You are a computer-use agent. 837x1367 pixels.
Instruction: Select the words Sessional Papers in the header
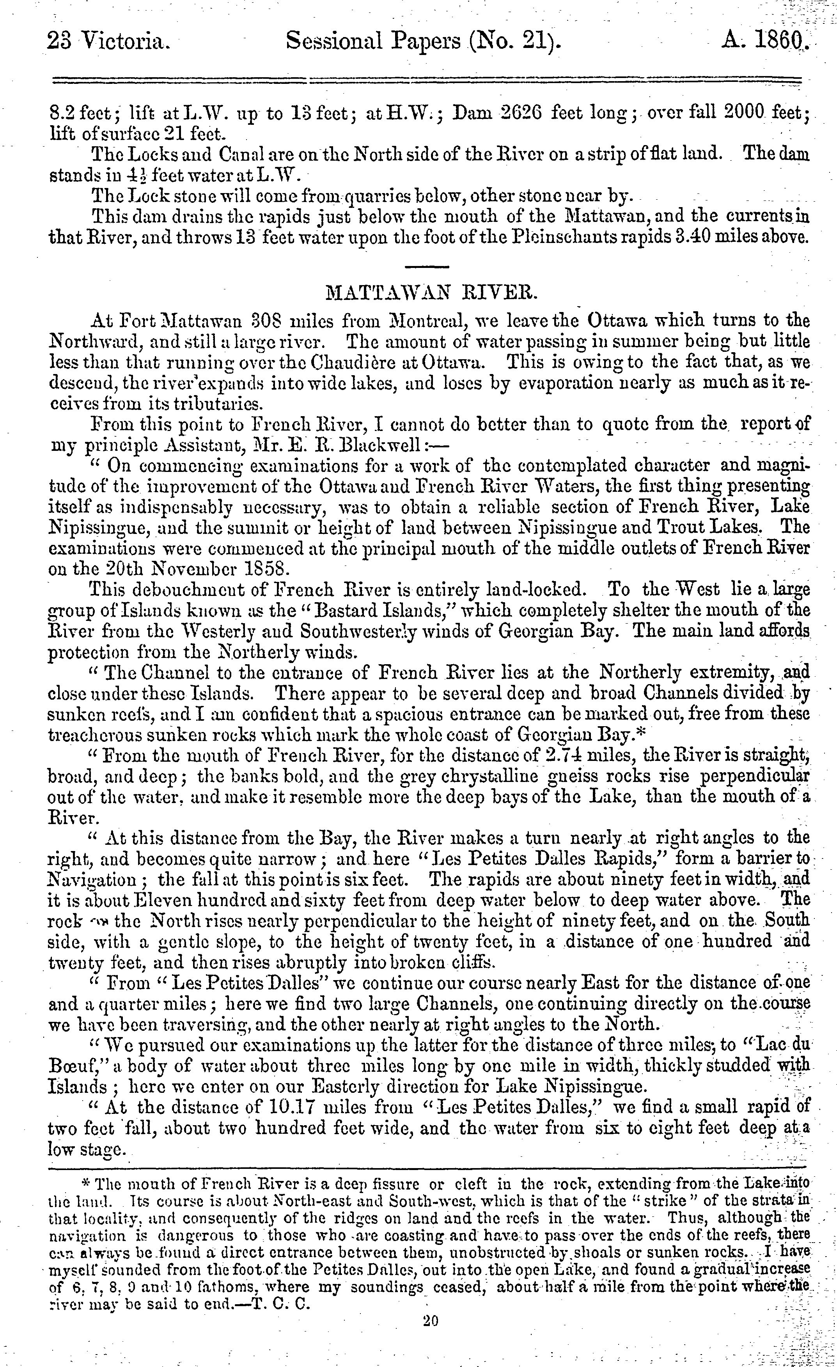tap(373, 41)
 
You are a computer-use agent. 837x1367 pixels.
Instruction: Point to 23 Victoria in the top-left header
tap(109, 41)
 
